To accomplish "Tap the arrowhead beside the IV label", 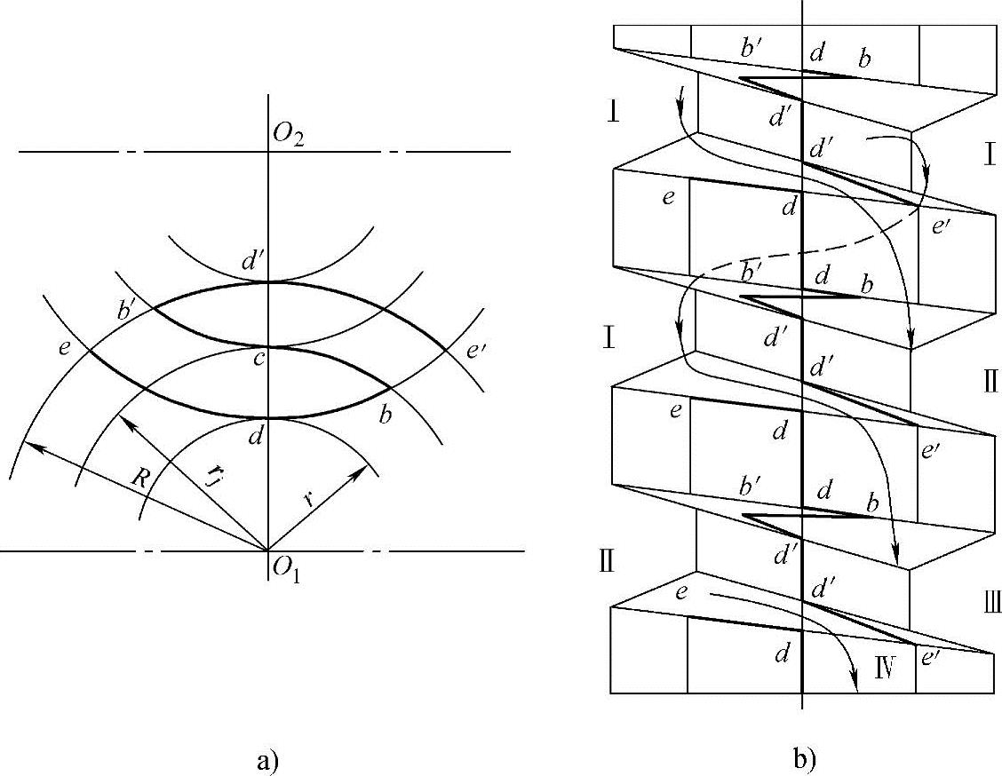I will click(x=855, y=685).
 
